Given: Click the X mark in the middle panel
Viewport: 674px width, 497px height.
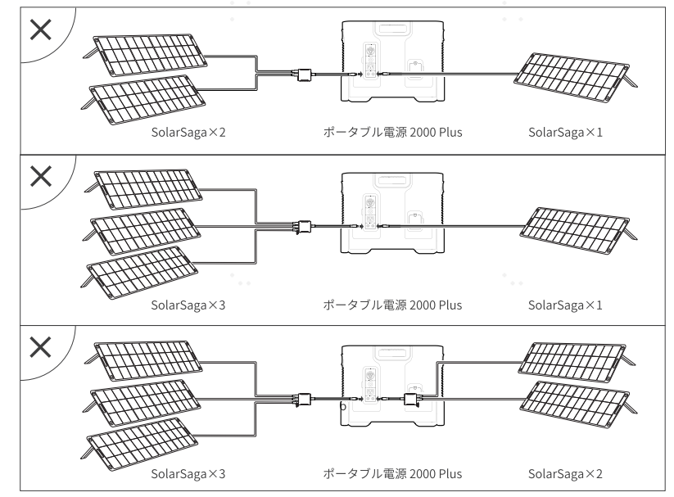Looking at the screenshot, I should (x=42, y=176).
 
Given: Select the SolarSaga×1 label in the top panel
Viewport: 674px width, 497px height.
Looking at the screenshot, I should (x=565, y=133).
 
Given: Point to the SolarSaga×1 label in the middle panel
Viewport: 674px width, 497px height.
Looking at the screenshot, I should (x=565, y=305).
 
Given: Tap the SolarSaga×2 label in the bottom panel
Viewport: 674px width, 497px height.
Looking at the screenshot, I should (x=565, y=473).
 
